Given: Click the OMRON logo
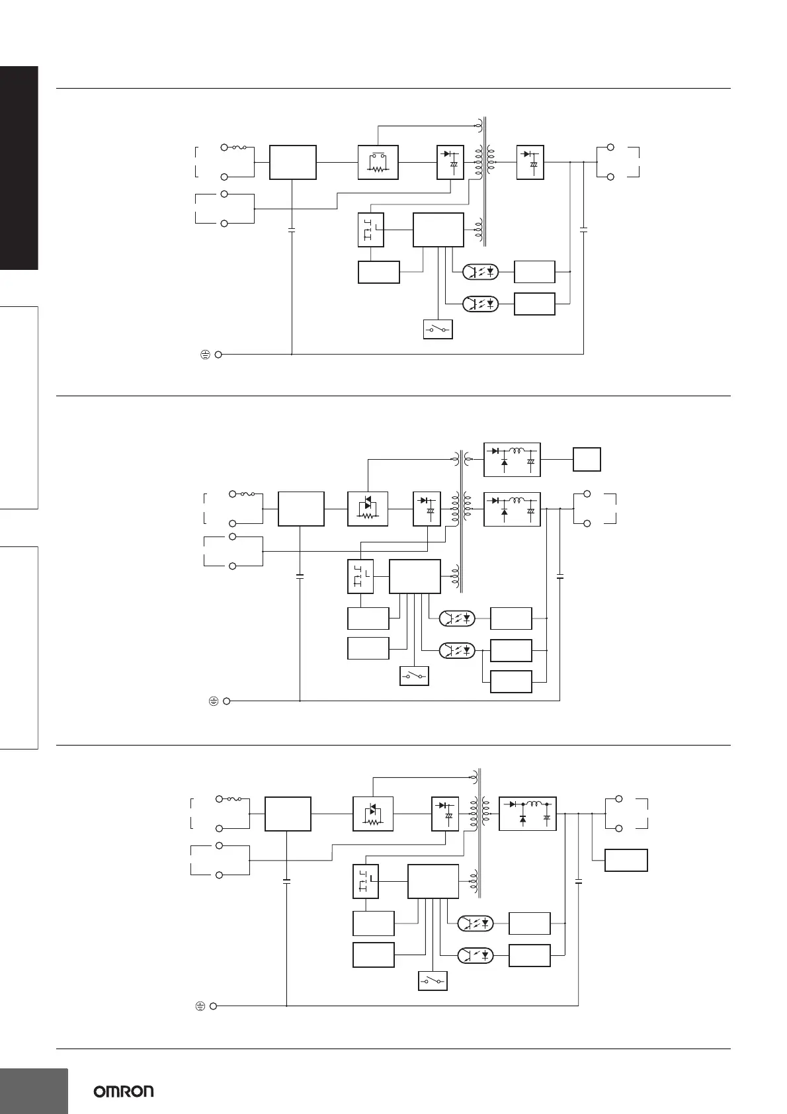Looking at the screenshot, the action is tap(124, 1091).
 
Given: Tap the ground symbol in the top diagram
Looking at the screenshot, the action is tap(205, 355).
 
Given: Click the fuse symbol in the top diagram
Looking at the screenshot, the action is tap(239, 148).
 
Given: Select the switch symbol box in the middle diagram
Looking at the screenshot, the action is tap(414, 676).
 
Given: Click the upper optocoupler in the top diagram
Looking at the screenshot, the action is tap(480, 271).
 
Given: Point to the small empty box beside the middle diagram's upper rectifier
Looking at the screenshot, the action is tap(587, 459).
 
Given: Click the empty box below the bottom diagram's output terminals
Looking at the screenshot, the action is tap(626, 860).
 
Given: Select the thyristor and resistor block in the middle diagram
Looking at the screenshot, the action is tap(368, 509).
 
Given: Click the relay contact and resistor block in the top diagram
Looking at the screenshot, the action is tap(378, 162).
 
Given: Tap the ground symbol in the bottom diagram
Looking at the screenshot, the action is tap(200, 1006).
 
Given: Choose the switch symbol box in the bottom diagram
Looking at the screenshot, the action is tap(433, 981).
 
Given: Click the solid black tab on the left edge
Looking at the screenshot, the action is tap(19, 168).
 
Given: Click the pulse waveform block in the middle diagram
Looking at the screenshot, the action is tap(360, 576).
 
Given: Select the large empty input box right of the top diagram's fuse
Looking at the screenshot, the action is tap(293, 162).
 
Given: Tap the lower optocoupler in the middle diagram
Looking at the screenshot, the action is tap(457, 650).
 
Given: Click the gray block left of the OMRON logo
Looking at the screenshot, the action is tap(34, 1091).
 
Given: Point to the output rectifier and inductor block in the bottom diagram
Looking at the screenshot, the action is tap(528, 814).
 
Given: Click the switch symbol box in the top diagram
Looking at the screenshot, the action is tap(438, 329).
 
